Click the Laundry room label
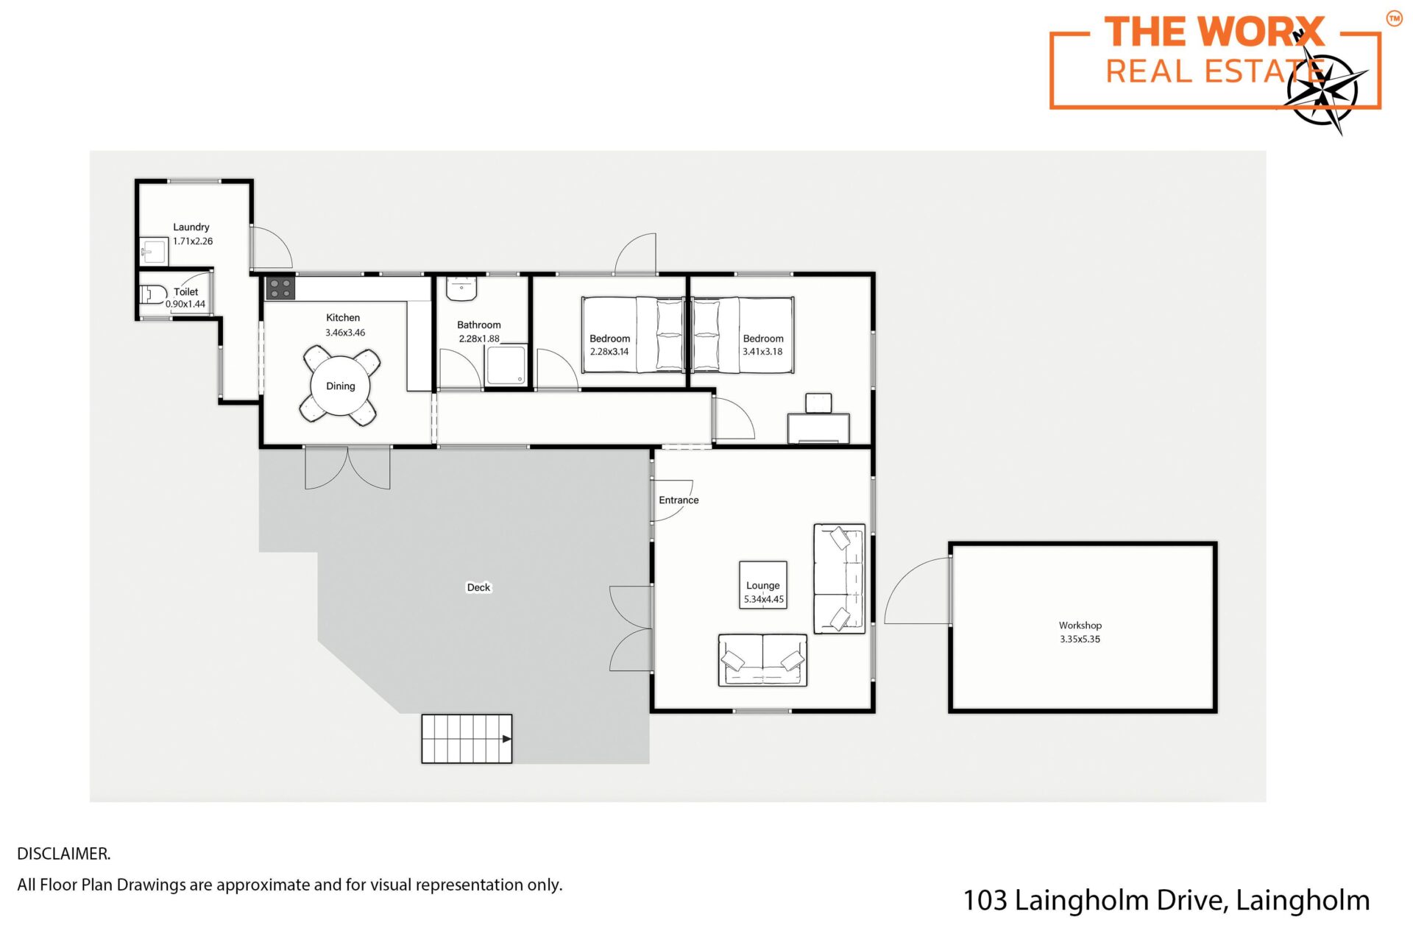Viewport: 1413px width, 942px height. click(x=191, y=227)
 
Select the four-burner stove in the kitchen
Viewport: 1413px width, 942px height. click(x=280, y=288)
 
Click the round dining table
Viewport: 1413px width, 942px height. click(x=341, y=386)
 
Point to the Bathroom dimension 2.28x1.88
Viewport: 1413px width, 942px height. click(x=479, y=339)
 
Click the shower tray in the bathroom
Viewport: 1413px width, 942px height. click(x=506, y=365)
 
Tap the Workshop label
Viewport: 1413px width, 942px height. click(x=1080, y=625)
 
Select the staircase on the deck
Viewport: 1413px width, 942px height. click(x=467, y=738)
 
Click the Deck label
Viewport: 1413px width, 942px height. click(x=478, y=587)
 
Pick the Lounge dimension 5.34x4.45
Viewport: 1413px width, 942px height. click(x=764, y=599)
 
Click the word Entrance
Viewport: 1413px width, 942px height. click(x=679, y=500)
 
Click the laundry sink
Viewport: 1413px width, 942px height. click(x=154, y=252)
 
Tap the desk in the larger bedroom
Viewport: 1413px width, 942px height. click(x=818, y=428)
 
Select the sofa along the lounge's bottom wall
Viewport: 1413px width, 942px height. click(x=762, y=660)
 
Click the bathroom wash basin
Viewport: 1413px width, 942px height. click(x=461, y=288)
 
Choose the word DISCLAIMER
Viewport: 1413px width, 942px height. click(x=64, y=854)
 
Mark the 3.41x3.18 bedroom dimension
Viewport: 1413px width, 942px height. click(x=762, y=352)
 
